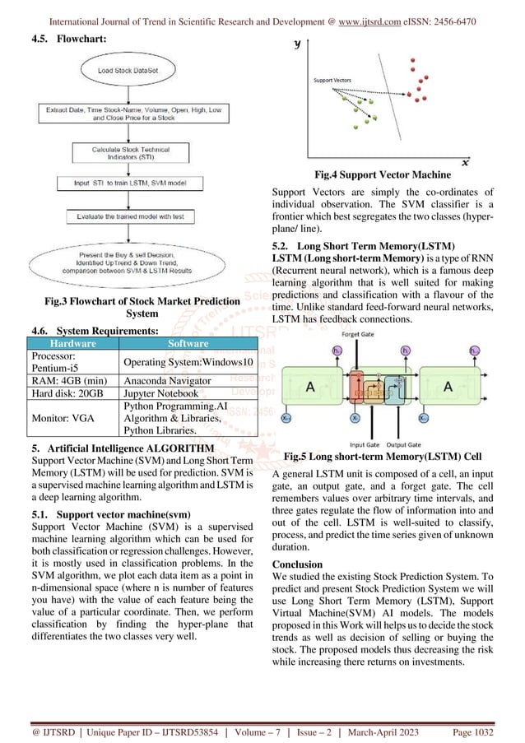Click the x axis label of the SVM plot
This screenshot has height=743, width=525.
[x=465, y=161]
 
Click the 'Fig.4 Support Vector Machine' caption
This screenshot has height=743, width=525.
[x=383, y=174]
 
